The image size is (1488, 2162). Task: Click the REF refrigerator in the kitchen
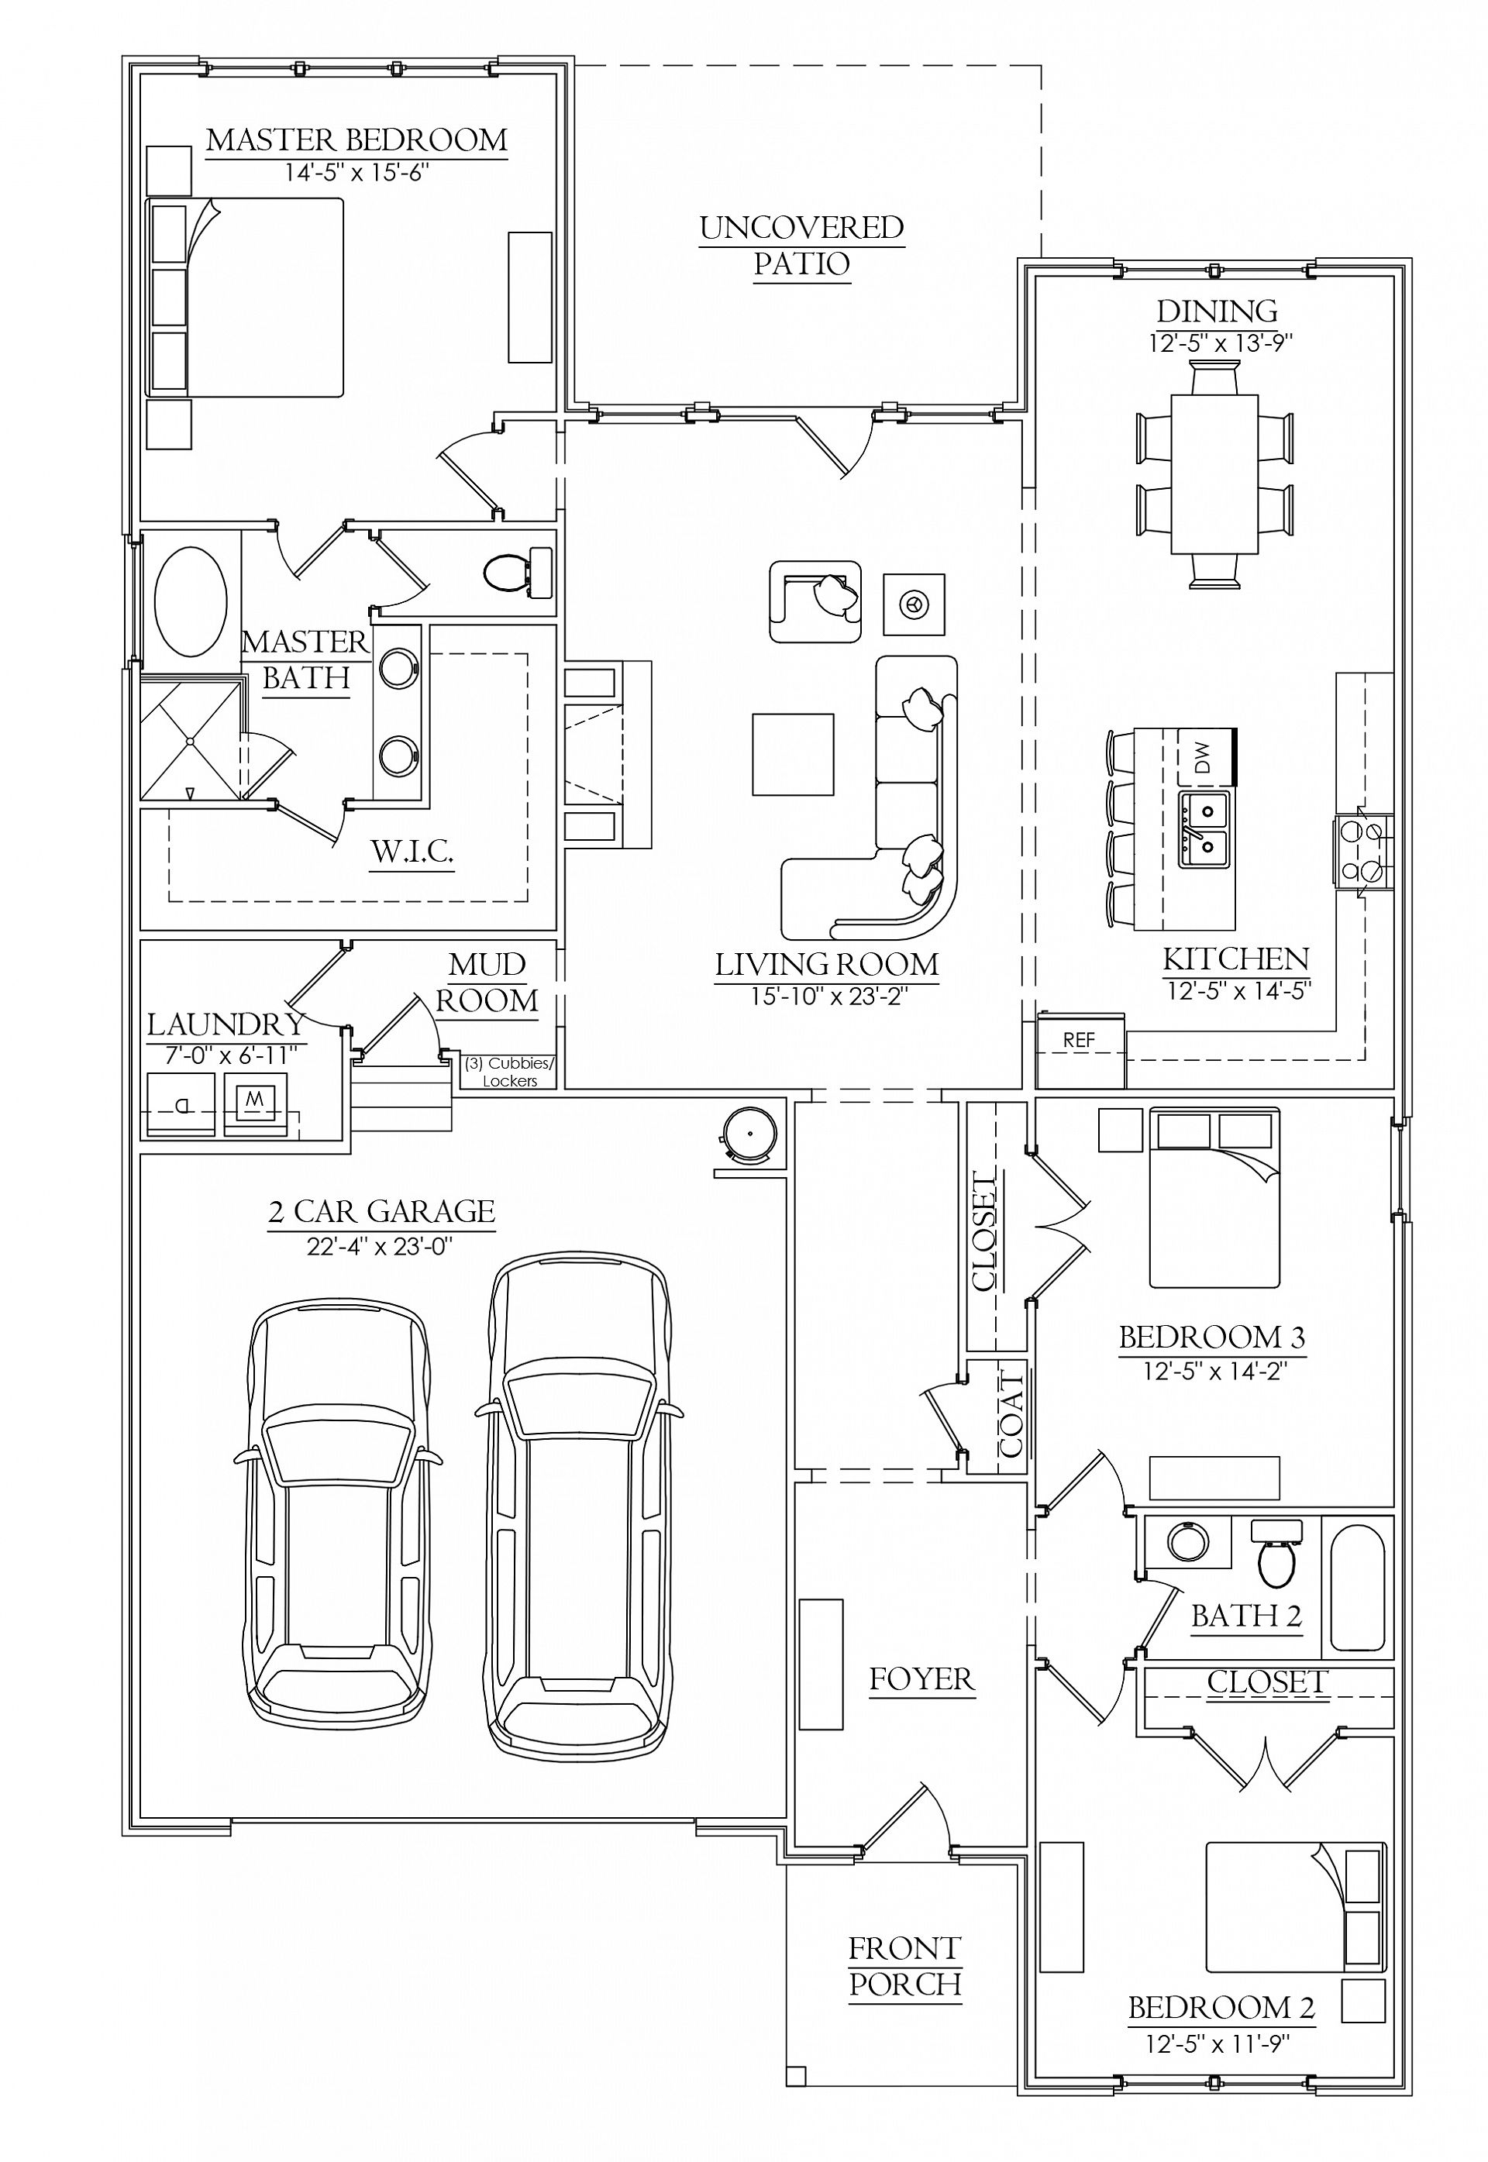(1080, 1052)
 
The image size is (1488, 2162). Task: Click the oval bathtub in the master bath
(190, 601)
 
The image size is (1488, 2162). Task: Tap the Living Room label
(826, 964)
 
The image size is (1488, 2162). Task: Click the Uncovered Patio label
(802, 245)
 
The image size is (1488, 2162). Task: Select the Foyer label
(921, 1679)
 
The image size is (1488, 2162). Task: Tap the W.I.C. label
(412, 850)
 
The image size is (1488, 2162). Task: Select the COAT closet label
(1011, 1417)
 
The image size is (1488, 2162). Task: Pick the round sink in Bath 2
(1187, 1542)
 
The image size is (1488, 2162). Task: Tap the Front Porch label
(904, 1966)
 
